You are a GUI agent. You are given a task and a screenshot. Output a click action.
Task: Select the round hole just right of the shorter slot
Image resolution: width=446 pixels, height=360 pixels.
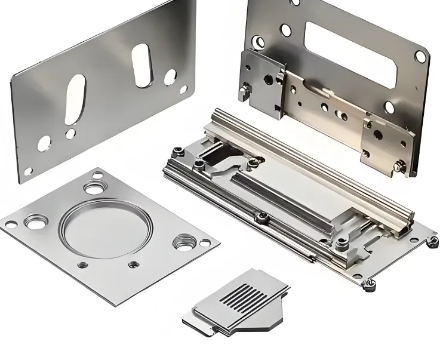click(x=171, y=76)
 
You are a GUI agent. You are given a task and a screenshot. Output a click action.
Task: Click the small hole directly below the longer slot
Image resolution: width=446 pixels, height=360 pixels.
click(x=70, y=134)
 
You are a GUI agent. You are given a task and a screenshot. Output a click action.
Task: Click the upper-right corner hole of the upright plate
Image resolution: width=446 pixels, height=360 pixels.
click(x=420, y=56)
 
